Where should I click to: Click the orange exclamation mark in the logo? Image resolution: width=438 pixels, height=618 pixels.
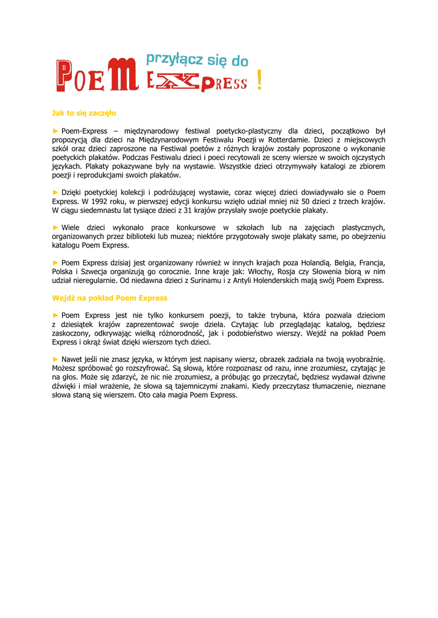click(x=259, y=80)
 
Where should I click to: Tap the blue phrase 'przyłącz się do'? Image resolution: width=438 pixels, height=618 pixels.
click(x=197, y=60)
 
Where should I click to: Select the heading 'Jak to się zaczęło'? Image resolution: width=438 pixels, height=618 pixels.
click(x=84, y=113)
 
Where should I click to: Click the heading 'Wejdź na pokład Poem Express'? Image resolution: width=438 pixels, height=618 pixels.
click(x=109, y=298)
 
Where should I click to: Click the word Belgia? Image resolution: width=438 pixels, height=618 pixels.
click(x=345, y=263)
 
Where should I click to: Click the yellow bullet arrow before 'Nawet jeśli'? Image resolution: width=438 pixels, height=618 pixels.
click(x=56, y=359)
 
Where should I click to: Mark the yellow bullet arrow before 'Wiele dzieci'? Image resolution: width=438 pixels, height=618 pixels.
click(x=56, y=228)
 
